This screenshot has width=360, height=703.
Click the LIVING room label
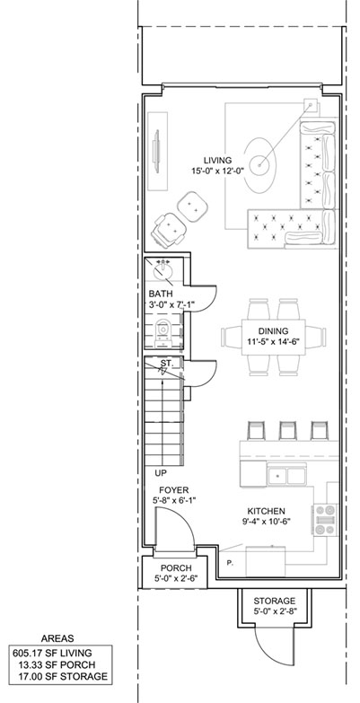click(x=217, y=160)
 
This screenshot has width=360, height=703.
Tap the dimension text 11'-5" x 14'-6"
click(x=273, y=341)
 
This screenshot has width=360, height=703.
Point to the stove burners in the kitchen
click(x=326, y=520)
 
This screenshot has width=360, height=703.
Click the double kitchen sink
click(x=286, y=475)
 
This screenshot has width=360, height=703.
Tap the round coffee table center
click(x=259, y=165)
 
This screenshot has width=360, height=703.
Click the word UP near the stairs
click(x=160, y=472)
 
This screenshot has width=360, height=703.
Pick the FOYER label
click(x=174, y=490)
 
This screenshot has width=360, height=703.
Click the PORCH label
click(x=176, y=568)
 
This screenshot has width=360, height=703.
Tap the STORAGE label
click(x=275, y=601)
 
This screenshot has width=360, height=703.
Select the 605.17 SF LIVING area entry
click(x=52, y=654)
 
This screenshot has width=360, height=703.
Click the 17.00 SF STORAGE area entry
click(x=63, y=677)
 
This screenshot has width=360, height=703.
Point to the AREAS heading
click(x=57, y=639)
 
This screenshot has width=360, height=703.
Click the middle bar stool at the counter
click(x=286, y=430)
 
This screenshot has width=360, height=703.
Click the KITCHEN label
click(x=267, y=511)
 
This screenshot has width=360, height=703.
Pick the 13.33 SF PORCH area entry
click(x=57, y=665)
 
